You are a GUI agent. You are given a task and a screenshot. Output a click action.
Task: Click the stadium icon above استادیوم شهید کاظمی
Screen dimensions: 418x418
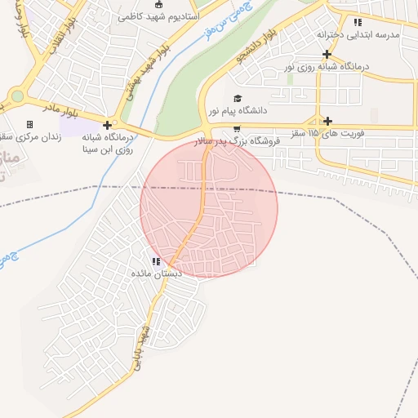[x=158, y=4]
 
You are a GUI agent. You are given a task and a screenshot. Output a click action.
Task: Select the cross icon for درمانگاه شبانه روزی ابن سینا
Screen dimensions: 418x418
[x=107, y=125]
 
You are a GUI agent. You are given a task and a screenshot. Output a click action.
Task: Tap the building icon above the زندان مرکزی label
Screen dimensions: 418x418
[x=30, y=124]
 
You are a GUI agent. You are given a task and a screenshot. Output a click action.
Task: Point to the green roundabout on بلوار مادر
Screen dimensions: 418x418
[x=17, y=96]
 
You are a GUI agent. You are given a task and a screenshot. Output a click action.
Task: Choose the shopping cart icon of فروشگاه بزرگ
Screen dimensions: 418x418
[x=237, y=129]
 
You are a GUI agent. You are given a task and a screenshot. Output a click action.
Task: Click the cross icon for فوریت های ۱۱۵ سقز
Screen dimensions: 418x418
[x=327, y=121]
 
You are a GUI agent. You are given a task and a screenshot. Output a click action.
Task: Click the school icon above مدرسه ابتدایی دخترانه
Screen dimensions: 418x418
[x=358, y=22]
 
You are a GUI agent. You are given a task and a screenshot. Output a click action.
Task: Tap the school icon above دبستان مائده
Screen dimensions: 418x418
[x=155, y=261]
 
